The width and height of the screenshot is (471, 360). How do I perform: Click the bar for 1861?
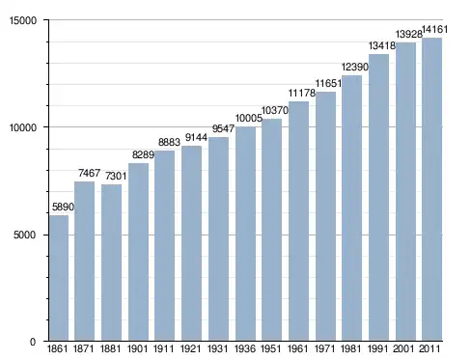point(59,278)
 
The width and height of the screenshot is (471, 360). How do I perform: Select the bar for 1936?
point(245,234)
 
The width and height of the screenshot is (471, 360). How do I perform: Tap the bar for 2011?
point(431,189)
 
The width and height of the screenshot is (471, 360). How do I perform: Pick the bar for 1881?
point(111,263)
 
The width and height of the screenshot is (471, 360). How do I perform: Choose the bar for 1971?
point(325,216)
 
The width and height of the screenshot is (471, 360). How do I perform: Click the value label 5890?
point(63,207)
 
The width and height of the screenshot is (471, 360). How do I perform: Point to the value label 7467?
point(90,173)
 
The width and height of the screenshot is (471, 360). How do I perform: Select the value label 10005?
point(249,119)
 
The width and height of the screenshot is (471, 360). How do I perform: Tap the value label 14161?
point(434,30)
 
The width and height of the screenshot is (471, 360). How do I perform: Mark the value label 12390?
point(355,67)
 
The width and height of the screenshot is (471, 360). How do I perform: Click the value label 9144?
point(196,138)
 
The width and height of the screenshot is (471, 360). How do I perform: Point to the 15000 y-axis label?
point(23,20)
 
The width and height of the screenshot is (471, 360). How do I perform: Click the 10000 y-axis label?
point(23,127)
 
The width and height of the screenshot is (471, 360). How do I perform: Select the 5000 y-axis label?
point(25,235)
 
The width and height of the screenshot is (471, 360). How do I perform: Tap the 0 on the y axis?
point(33,342)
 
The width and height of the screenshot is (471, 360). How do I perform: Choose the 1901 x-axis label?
point(137,348)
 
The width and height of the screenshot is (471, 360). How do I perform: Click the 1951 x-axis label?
point(270,348)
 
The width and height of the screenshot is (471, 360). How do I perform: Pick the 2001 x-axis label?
point(403,348)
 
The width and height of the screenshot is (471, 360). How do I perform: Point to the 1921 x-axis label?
point(191,348)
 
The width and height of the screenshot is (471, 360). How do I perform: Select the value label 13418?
point(382,46)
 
